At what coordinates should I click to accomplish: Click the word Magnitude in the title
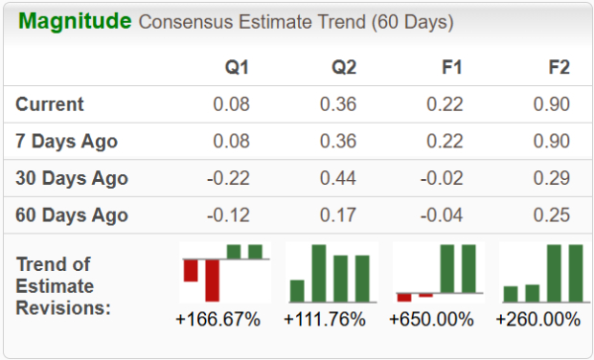point(75,20)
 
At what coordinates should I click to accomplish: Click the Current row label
point(50,104)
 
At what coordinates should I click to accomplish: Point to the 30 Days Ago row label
point(72,178)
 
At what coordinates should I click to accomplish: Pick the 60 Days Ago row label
point(72,214)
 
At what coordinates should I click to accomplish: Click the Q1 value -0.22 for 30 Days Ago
point(230,178)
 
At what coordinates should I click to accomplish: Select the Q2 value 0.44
point(339,178)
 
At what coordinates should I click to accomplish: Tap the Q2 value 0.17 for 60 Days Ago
point(339,214)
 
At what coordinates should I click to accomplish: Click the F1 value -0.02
point(444,178)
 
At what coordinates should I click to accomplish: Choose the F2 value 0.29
point(552,178)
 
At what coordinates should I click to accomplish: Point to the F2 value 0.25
point(552,214)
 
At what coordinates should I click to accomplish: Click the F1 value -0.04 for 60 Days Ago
point(444,214)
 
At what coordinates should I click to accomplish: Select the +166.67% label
point(218,320)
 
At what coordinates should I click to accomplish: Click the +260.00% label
point(538,320)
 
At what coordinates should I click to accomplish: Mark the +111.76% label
point(325,320)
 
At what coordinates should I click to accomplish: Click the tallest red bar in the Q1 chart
point(212,280)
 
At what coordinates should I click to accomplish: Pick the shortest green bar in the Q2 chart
point(297,291)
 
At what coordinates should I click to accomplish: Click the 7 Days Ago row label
point(67,142)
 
